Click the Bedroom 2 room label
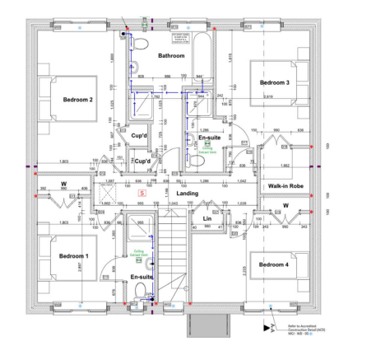tap(77, 101)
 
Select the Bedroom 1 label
tap(73, 256)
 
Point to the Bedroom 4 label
tap(273, 264)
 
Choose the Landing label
tap(188, 194)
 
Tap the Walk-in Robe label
tap(285, 186)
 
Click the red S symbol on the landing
tap(141, 191)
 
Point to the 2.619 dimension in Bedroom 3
tap(267, 97)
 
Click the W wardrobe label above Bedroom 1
tap(63, 184)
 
